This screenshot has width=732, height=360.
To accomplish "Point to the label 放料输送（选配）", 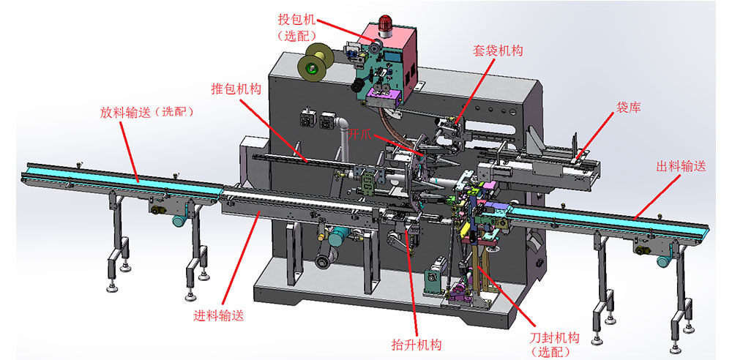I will point(147,113).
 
